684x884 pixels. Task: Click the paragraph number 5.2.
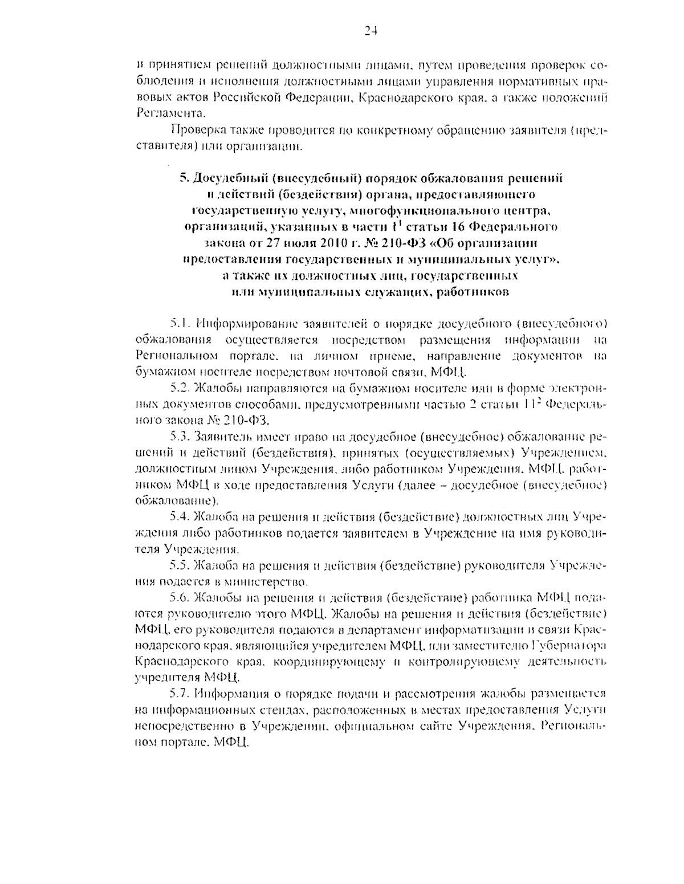[x=181, y=389]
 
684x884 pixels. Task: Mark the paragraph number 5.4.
[x=181, y=518]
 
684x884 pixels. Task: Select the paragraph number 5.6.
[x=181, y=598]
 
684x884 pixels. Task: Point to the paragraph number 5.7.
[x=181, y=694]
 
